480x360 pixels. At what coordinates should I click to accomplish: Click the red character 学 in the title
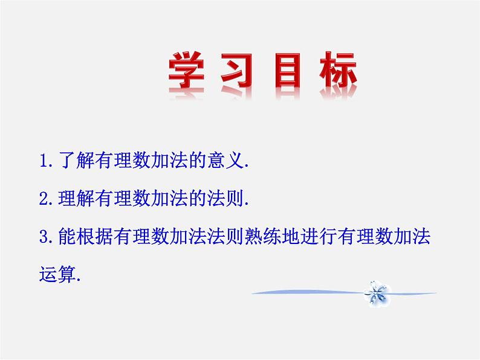tap(186, 70)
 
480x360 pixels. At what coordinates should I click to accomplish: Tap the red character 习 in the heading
tap(236, 70)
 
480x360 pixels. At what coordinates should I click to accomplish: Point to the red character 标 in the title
tap(339, 70)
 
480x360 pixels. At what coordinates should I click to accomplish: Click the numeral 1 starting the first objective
tap(44, 161)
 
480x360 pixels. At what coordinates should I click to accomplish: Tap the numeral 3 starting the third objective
tap(44, 237)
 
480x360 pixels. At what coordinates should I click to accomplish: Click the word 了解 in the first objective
tap(76, 160)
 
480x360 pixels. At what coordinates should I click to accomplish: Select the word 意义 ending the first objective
tap(225, 160)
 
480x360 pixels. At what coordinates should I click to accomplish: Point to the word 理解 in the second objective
tap(76, 198)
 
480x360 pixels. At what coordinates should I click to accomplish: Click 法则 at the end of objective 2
tap(225, 198)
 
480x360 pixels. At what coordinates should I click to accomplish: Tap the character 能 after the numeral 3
tap(67, 236)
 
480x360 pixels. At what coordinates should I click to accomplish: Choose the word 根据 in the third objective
tap(95, 236)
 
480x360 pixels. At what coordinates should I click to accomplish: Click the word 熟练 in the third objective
tap(263, 236)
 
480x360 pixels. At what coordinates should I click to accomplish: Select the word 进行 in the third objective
tap(319, 236)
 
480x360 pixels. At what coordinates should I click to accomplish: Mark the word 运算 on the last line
tap(57, 274)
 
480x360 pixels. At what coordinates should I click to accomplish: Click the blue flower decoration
tap(377, 294)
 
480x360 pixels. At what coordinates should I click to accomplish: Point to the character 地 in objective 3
tap(291, 236)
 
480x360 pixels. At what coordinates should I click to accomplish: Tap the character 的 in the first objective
tap(198, 160)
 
